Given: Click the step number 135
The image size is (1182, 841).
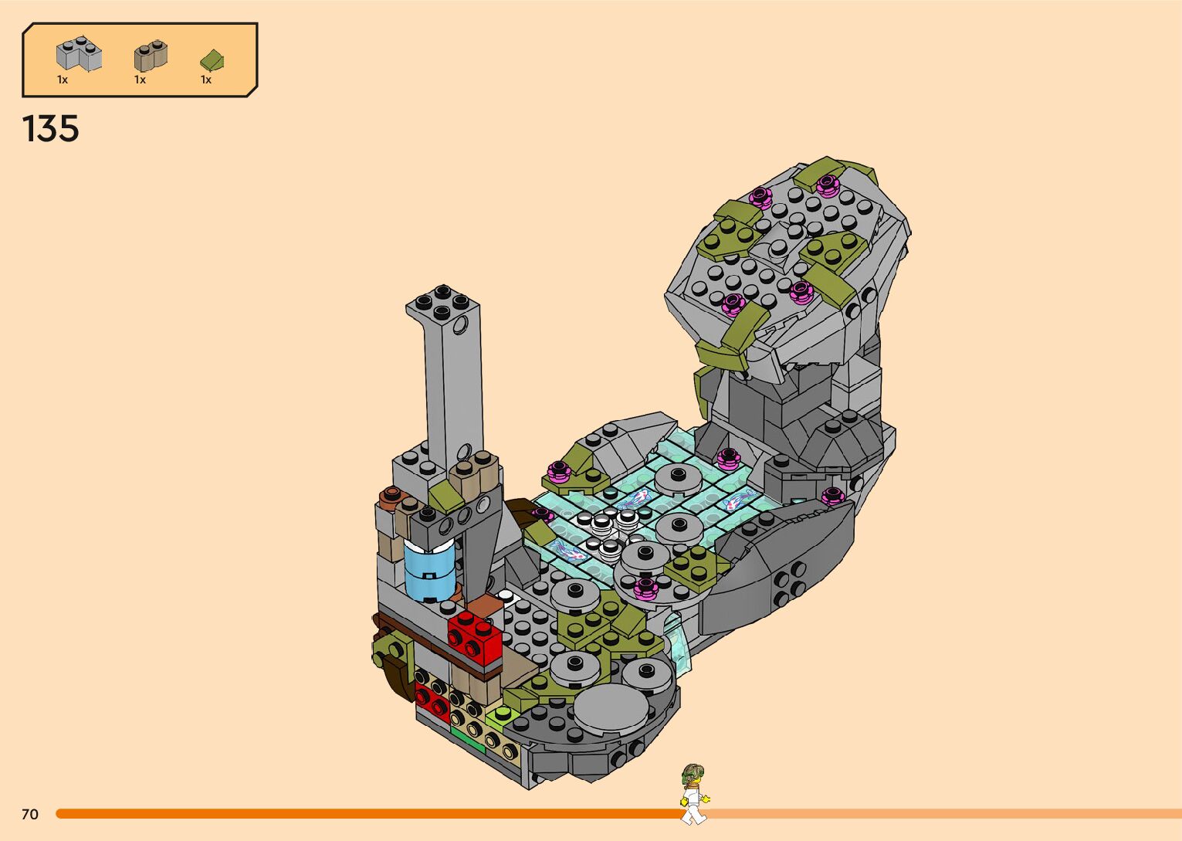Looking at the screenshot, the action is pos(51,129).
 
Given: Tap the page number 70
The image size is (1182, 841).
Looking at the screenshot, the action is pos(30,814).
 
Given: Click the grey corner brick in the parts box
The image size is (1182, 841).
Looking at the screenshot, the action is pos(80,53).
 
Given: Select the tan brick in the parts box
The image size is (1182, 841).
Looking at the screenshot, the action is pos(151,55).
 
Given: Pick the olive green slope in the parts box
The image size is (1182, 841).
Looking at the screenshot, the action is pos(212,60).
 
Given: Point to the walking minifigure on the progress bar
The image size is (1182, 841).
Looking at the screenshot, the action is pos(694,793).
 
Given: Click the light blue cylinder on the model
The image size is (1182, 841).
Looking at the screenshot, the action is pos(429,570).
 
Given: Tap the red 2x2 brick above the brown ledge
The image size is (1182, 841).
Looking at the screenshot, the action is pos(474,637).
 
